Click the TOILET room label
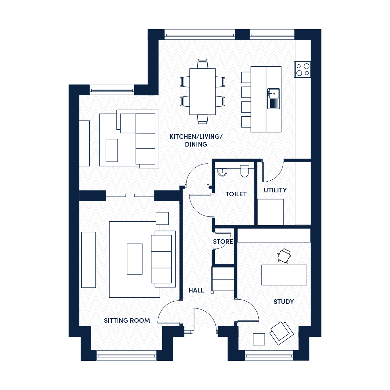[x=236, y=194]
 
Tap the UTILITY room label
[x=275, y=190]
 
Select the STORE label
[x=223, y=241]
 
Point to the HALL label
[x=196, y=291]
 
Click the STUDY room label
[x=283, y=302]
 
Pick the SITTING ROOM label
[x=127, y=320]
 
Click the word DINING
[x=196, y=145]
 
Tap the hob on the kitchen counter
[x=302, y=70]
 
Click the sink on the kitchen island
[x=273, y=98]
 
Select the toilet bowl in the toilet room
[x=244, y=171]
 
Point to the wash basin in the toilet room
[x=222, y=172]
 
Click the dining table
[x=202, y=91]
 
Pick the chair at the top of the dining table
[x=202, y=64]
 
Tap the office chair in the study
[x=284, y=256]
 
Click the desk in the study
[x=284, y=275]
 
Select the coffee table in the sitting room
[x=135, y=259]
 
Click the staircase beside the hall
[x=223, y=279]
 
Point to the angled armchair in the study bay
[x=281, y=333]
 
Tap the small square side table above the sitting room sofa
[x=162, y=218]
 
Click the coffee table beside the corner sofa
[x=112, y=150]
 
